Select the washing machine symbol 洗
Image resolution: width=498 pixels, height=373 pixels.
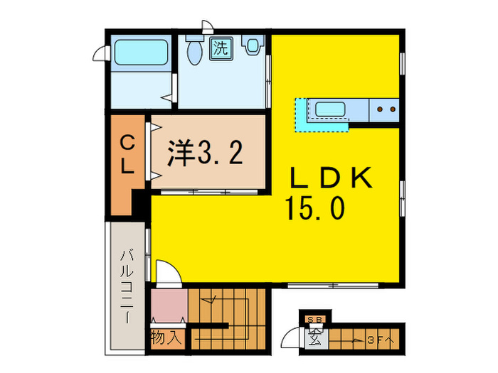[x=222, y=49]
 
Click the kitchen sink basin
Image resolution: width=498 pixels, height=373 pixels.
[x=330, y=109]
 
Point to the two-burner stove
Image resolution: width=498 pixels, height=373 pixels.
[x=385, y=109]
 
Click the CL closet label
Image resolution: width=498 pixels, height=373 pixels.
[x=127, y=156]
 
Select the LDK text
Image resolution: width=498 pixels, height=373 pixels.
[x=332, y=178]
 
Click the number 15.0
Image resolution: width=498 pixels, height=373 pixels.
[x=316, y=208]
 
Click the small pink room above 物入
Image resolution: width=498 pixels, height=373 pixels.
[x=168, y=306]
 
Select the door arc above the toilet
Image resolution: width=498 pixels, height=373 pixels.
[x=207, y=27]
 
